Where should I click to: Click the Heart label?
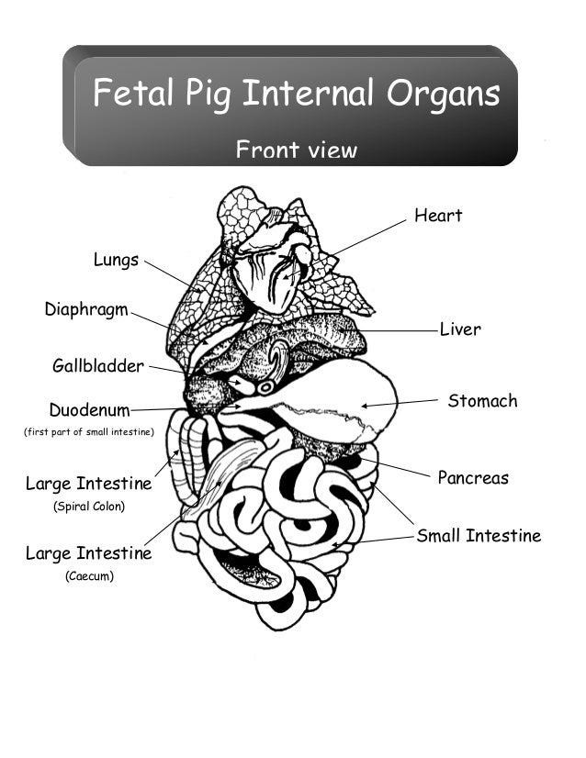(437, 217)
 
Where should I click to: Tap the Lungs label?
(116, 260)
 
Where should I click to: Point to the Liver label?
(459, 329)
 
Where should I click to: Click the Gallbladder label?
(98, 367)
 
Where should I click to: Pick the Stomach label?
(482, 401)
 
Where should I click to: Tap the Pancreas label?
(472, 478)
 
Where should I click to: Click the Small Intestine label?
(479, 536)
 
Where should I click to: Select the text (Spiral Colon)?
(88, 507)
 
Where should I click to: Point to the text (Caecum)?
(88, 577)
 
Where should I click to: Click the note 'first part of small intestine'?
(87, 431)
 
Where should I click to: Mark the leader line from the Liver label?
(395, 329)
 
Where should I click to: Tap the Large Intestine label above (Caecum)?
(88, 553)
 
